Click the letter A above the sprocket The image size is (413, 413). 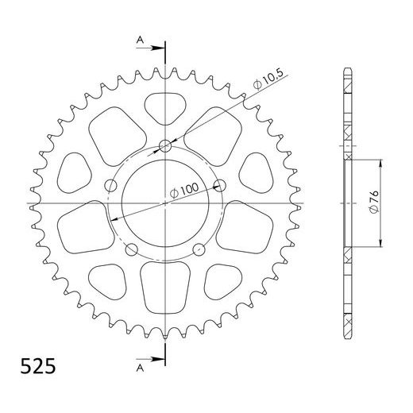pyautogui.click(x=140, y=38)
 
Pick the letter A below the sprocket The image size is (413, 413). pyautogui.click(x=140, y=369)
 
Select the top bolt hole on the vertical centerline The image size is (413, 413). pyautogui.click(x=165, y=145)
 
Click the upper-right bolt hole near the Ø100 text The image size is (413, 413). pyautogui.click(x=220, y=186)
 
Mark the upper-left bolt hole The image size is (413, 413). pyautogui.click(x=110, y=186)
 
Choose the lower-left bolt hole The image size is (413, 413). pyautogui.click(x=131, y=250)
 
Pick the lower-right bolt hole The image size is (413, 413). pyautogui.click(x=199, y=250)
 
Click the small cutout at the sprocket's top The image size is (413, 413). pyautogui.click(x=165, y=106)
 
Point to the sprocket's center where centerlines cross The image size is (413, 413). pyautogui.click(x=165, y=203)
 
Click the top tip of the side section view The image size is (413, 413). pyautogui.click(x=347, y=67)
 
